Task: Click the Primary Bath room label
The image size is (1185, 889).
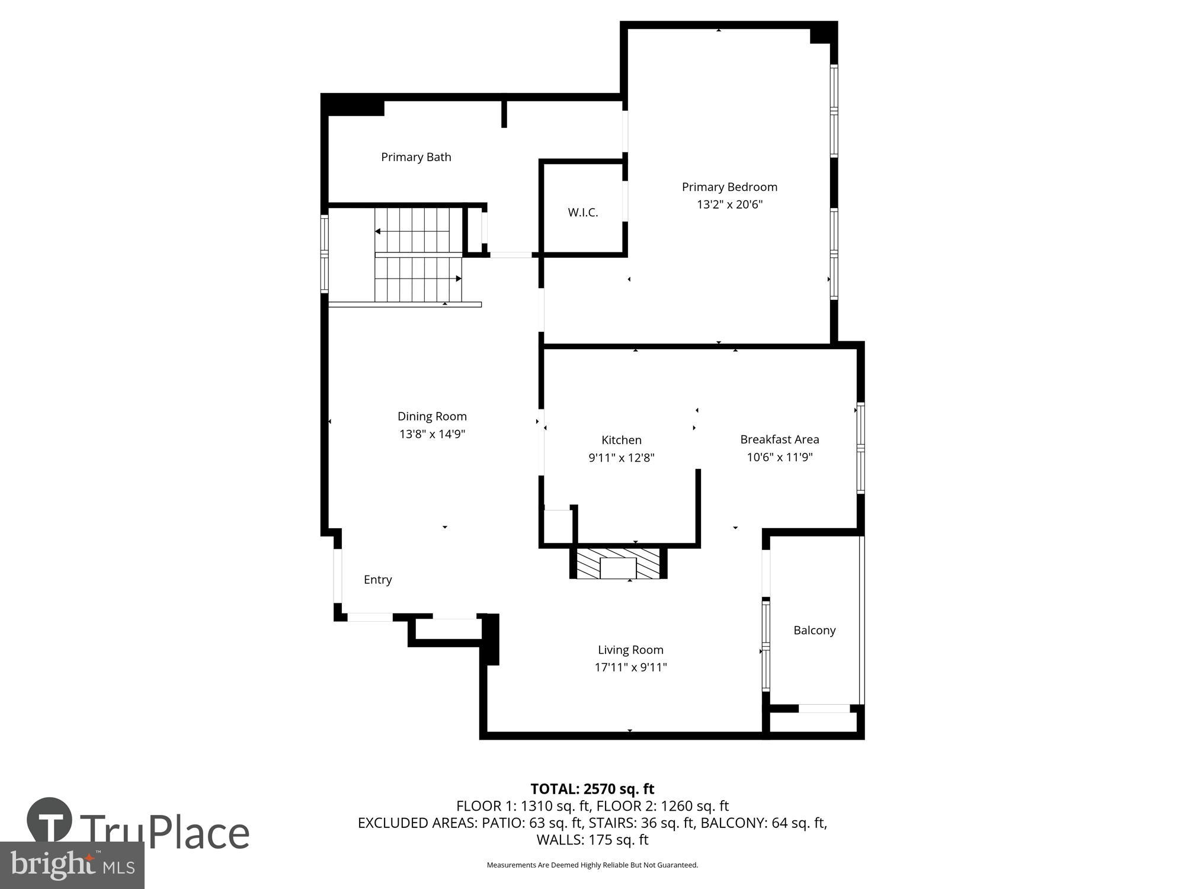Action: (x=416, y=157)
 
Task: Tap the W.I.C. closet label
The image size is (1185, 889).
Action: (x=583, y=213)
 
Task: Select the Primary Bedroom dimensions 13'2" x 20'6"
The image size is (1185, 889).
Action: (x=729, y=204)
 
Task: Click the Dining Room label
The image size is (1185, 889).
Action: (x=432, y=417)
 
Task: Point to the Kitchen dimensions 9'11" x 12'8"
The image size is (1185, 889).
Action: (x=621, y=458)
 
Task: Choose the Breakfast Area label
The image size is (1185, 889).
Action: (x=779, y=440)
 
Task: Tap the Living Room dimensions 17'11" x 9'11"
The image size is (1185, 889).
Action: (x=630, y=667)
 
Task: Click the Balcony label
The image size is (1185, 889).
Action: (x=814, y=631)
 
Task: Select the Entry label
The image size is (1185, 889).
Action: (x=377, y=580)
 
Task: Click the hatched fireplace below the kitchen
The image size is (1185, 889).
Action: (x=618, y=564)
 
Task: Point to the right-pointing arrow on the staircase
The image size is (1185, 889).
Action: (x=458, y=279)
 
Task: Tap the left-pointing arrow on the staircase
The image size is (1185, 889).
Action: (x=378, y=231)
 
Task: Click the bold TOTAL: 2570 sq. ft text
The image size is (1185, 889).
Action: (x=592, y=789)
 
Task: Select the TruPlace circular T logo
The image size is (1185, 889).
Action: (x=50, y=820)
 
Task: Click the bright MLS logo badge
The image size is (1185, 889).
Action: (x=72, y=866)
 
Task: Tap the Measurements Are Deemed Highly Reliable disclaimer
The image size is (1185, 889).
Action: (x=592, y=865)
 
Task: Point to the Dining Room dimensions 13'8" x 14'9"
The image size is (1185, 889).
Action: (x=432, y=434)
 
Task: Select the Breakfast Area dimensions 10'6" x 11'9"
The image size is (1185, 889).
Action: (x=779, y=458)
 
